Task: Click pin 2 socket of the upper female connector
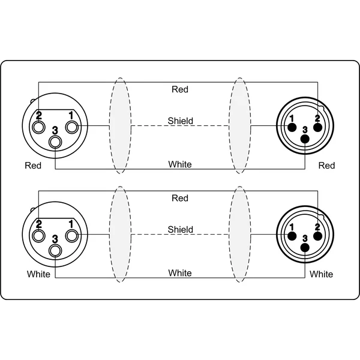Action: pos(38,127)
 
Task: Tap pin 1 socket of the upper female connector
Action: pos(72,127)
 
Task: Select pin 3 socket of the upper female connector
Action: pos(55,142)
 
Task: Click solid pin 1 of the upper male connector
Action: pos(292,127)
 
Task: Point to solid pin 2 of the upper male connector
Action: pos(318,127)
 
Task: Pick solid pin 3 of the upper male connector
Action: pos(305,139)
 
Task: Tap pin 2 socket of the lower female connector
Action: pos(38,236)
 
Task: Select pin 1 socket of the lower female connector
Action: pos(72,236)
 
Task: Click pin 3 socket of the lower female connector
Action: pos(55,250)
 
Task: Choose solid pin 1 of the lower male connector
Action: pos(292,236)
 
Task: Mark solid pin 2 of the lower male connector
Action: pos(318,236)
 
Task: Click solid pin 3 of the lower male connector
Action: pos(305,247)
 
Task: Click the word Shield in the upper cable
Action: pos(180,121)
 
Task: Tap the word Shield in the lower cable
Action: pos(180,229)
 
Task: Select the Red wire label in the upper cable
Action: pos(180,89)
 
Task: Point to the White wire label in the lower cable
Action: pos(180,273)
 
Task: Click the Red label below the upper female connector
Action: pos(33,166)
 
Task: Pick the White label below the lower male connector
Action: pos(321,274)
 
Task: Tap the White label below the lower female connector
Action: pos(38,274)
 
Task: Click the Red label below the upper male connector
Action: pos(327,166)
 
